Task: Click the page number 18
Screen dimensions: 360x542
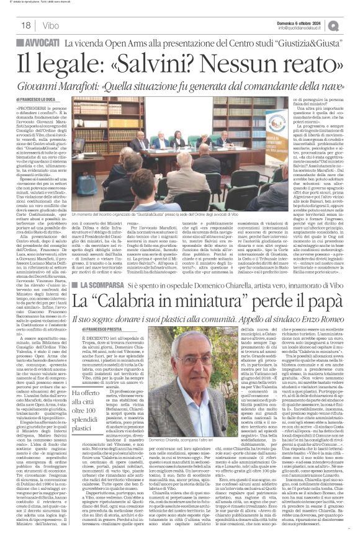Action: pyautogui.click(x=27, y=25)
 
